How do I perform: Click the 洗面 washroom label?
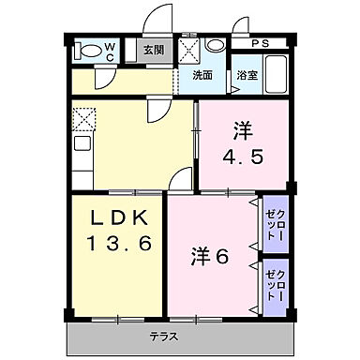202,75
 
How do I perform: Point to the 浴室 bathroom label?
247,75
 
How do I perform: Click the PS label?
259,43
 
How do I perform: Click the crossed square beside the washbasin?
190,50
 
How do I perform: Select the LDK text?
117,217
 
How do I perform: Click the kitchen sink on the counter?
80,148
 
